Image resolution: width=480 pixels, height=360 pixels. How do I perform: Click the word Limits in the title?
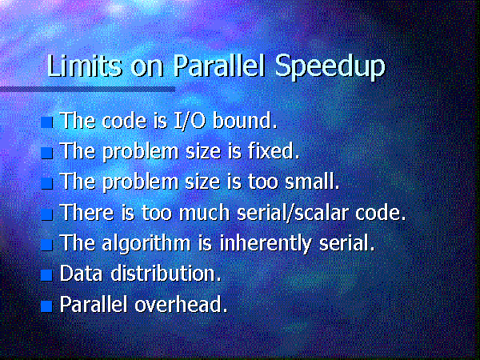84,66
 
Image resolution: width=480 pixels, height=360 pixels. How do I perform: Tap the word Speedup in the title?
330,68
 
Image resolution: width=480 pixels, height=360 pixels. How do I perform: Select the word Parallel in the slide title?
219,66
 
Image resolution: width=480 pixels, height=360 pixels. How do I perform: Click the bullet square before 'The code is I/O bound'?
47,122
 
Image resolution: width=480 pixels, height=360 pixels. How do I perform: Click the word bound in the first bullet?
245,120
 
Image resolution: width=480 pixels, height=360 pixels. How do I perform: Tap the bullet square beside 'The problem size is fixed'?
47,153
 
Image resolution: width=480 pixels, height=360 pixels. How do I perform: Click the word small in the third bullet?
312,182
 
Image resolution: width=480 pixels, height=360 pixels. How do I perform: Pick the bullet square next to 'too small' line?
47,183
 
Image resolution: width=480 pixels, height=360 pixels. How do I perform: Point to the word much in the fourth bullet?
204,212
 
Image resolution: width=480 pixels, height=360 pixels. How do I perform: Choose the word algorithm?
146,244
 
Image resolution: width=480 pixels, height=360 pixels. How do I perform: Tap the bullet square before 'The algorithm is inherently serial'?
47,245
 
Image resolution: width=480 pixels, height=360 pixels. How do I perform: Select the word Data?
81,273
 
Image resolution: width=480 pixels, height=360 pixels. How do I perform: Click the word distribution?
166,273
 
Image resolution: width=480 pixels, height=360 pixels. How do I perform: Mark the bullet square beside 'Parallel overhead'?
47,306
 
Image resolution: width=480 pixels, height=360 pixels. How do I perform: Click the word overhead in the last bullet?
182,304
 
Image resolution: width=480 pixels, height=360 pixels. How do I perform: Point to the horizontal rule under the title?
87,90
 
